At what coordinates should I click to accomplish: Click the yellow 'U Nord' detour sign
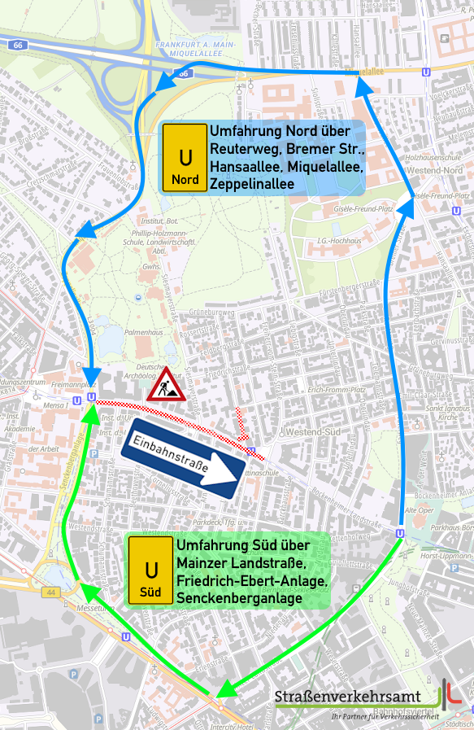tap(185, 157)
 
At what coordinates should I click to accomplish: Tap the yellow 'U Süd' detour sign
tap(150, 570)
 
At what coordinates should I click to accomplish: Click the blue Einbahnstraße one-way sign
tap(184, 458)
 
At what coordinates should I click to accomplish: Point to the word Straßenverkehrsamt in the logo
tap(347, 697)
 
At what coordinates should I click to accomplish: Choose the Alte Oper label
tap(420, 509)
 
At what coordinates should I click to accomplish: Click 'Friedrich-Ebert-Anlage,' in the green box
tap(251, 581)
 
